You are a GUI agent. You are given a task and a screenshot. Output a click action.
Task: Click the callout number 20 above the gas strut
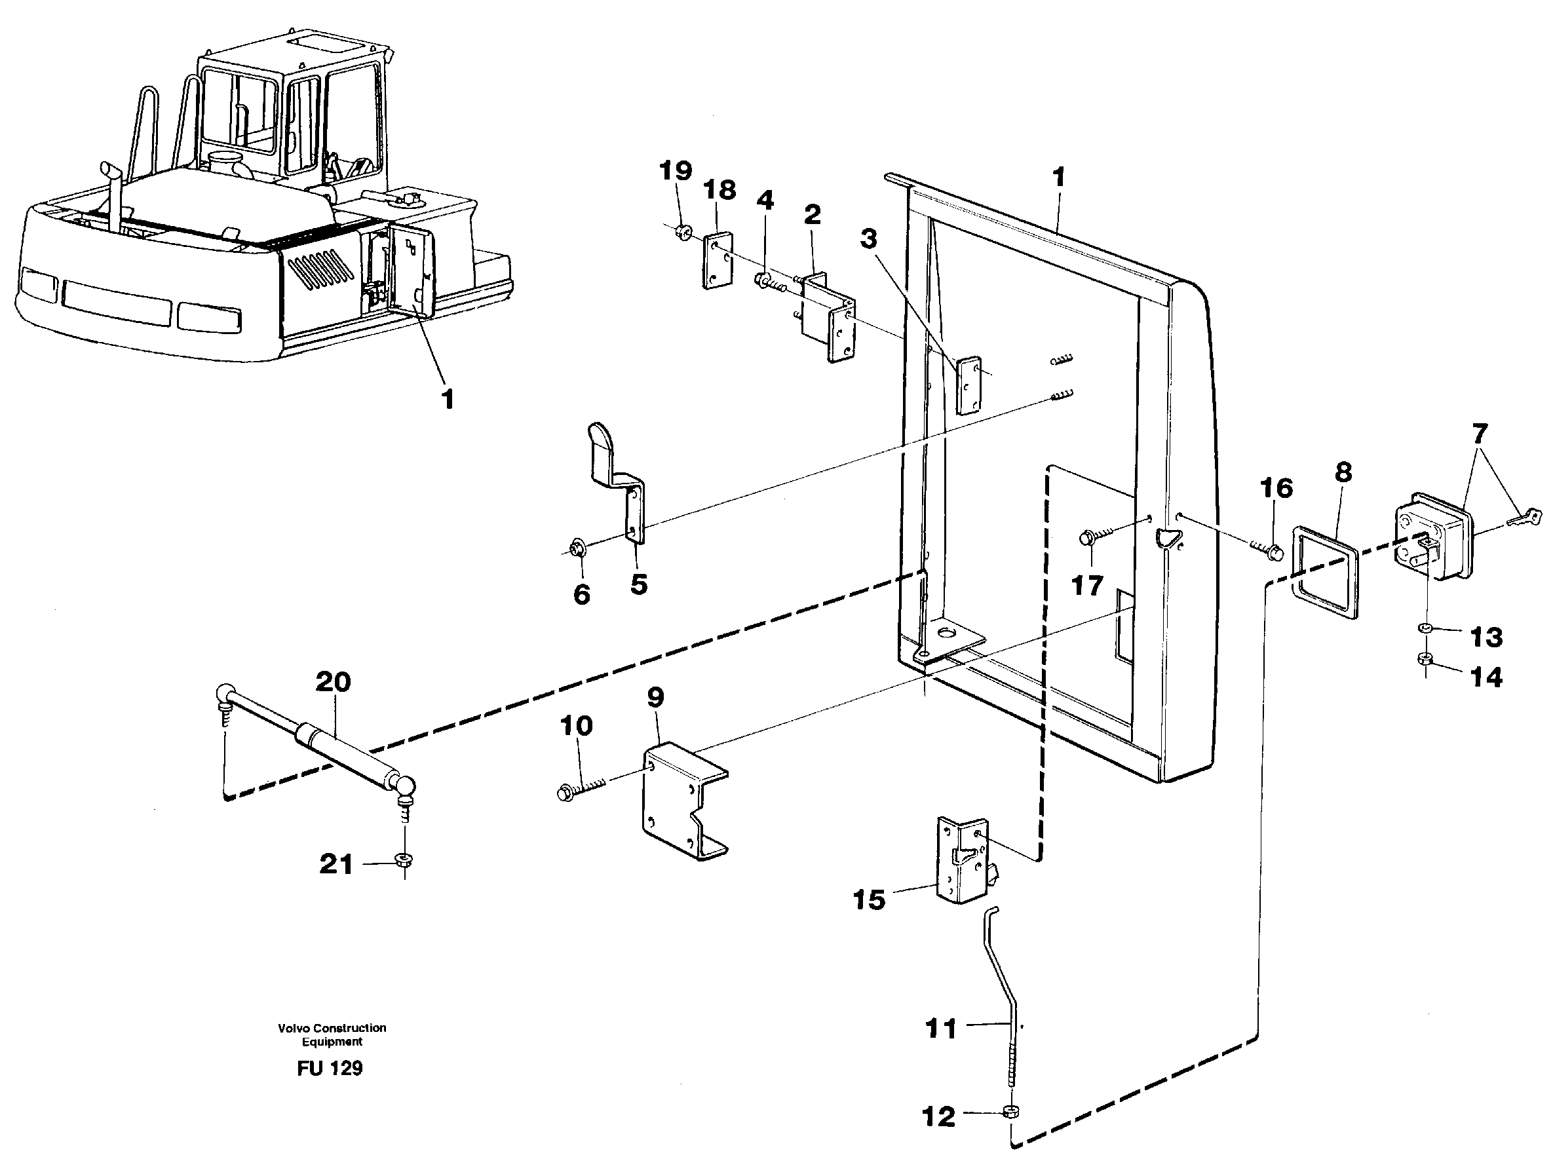pos(332,681)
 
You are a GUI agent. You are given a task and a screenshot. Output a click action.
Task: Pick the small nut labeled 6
pos(579,547)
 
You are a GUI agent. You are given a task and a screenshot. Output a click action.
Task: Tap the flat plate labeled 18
pos(717,261)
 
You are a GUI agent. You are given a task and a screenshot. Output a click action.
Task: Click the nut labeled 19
pos(684,231)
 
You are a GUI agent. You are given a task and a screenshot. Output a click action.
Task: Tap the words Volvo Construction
pos(332,1028)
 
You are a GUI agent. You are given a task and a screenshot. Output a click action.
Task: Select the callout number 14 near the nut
pos(1486,677)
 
